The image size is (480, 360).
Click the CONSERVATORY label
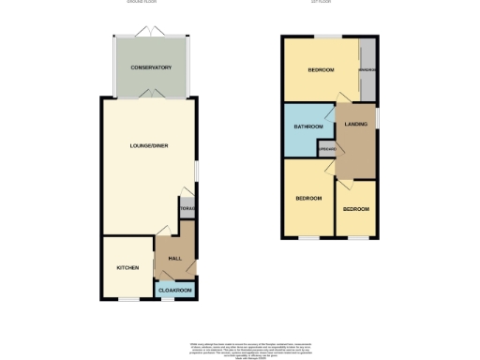click(151, 67)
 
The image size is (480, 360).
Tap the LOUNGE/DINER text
click(149, 145)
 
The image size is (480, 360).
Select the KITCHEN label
click(127, 267)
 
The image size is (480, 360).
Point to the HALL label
click(174, 258)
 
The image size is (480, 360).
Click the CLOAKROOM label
click(175, 291)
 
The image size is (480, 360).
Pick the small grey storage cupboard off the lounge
click(187, 208)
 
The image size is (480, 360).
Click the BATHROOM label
click(308, 127)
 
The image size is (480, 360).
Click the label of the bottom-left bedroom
click(308, 198)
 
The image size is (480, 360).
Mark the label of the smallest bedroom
click(355, 208)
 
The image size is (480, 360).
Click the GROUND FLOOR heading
click(142, 3)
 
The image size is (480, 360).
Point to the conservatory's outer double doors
click(151, 35)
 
